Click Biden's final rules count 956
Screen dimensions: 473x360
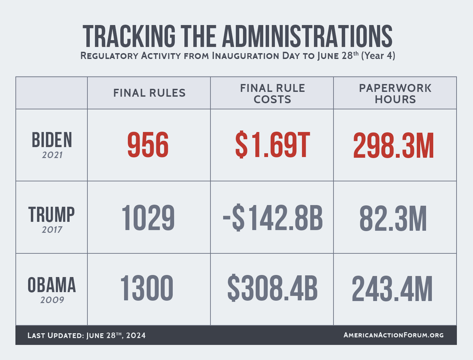148,145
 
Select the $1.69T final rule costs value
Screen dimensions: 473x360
272,145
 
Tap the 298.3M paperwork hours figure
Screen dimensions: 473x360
393,146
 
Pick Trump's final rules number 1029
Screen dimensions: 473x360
148,218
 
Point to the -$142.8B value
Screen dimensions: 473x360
273,217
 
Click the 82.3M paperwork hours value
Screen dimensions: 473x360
393,218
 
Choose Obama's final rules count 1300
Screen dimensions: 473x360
147,288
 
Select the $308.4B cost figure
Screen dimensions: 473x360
272,288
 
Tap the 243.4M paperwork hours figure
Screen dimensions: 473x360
392,289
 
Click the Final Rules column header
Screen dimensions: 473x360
149,93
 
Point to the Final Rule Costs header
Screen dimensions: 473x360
272,94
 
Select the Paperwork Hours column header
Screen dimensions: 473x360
395,94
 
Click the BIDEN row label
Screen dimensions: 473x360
52,140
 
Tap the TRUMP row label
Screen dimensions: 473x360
52,214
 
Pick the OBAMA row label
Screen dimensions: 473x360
52,285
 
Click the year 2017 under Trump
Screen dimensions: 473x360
52,230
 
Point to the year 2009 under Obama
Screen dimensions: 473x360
52,300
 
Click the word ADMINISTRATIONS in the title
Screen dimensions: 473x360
307,36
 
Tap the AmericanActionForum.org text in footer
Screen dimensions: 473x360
393,335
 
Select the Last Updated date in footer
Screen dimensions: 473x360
86,336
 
